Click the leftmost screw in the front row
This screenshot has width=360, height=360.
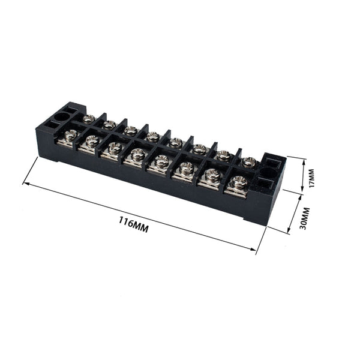pyautogui.click(x=71, y=136)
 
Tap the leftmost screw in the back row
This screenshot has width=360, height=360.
pyautogui.click(x=89, y=118)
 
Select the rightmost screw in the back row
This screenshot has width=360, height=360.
pyautogui.click(x=249, y=161)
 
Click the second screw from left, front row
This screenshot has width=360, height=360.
pyautogui.click(x=92, y=141)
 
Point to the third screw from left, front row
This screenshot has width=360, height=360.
pyautogui.click(x=115, y=147)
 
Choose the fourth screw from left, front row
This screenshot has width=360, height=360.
pyautogui.click(x=138, y=154)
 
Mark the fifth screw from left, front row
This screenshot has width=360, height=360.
pyautogui.click(x=162, y=161)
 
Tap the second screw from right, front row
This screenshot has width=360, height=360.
pyautogui.click(x=212, y=175)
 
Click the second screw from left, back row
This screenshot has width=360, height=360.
pyautogui.click(x=109, y=124)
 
